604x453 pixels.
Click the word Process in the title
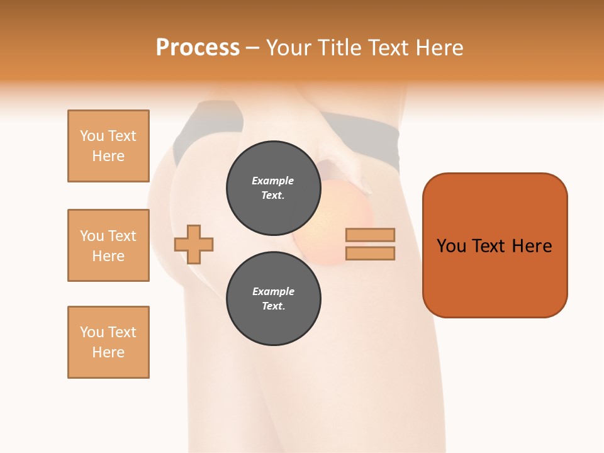[x=198, y=47]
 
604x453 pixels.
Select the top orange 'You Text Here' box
[x=108, y=146]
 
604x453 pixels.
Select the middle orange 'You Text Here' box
[x=108, y=245]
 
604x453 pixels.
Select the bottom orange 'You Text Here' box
[x=108, y=342]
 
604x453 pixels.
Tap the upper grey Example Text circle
[x=273, y=188]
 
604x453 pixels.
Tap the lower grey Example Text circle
[x=273, y=298]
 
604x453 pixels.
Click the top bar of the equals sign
[x=370, y=235]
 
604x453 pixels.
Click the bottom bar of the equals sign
[x=370, y=253]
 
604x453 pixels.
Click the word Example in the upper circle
[x=273, y=181]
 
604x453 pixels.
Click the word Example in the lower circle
[x=273, y=291]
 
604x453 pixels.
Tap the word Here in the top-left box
[x=108, y=156]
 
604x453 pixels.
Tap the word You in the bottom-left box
[x=92, y=332]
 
